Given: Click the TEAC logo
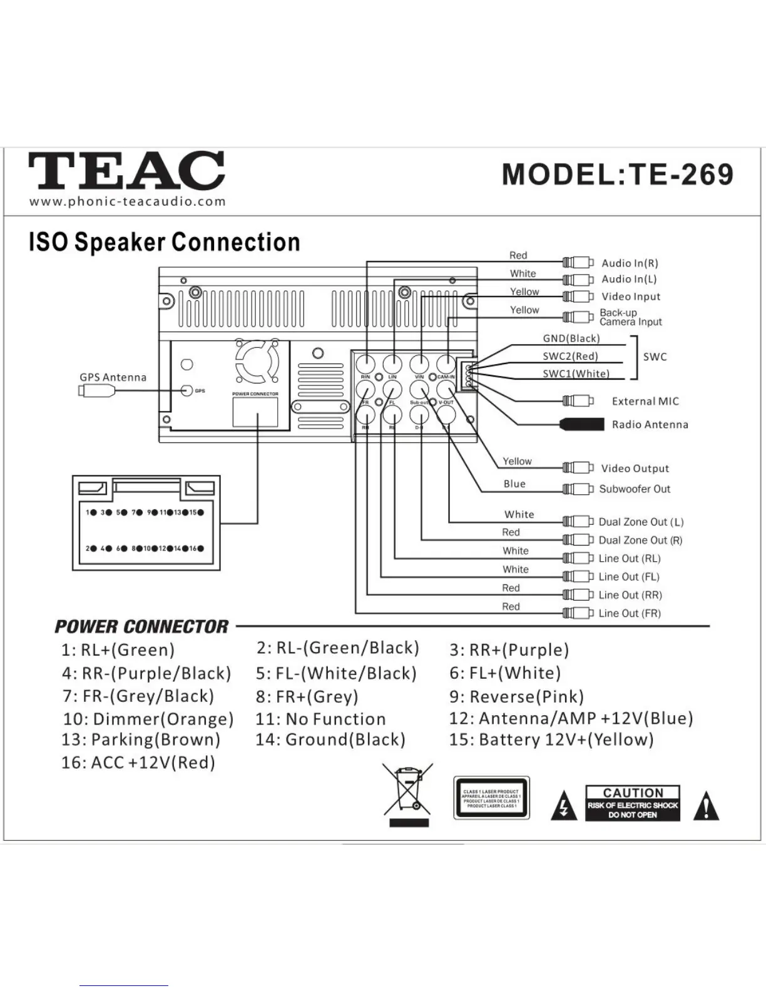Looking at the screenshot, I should click(126, 170).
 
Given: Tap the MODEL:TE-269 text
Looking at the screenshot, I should click(617, 175).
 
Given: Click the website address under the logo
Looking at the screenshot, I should click(127, 201).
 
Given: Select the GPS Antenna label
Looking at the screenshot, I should click(113, 377).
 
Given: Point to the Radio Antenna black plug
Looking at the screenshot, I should click(583, 424).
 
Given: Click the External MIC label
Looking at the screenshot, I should click(645, 401).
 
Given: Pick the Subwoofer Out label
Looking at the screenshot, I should click(635, 489).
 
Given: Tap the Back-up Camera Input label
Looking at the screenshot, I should click(630, 317).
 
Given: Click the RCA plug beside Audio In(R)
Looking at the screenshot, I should click(578, 262).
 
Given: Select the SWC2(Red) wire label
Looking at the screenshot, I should click(570, 356).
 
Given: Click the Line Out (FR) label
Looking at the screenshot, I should click(630, 613).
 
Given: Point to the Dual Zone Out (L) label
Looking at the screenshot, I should click(641, 522).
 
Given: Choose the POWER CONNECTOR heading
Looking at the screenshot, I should click(141, 626).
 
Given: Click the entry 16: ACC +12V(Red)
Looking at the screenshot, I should click(138, 763).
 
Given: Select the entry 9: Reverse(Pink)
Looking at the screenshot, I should click(516, 696).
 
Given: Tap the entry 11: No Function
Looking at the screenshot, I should click(320, 719).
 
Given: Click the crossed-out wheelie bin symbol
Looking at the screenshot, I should click(409, 794).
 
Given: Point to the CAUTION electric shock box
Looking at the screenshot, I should click(633, 803).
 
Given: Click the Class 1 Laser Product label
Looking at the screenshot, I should click(491, 798).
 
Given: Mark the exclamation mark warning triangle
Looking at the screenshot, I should click(707, 806).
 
